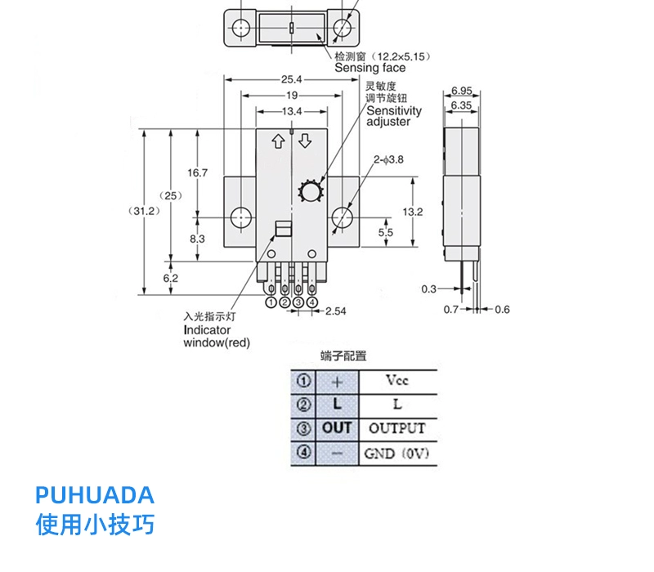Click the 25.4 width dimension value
291,79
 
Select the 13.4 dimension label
292,111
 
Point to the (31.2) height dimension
144,211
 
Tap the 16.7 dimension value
197,172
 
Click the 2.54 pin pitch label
336,311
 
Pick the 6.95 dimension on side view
462,91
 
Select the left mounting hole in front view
241,217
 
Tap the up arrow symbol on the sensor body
278,141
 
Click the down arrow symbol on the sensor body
305,141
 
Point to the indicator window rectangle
283,229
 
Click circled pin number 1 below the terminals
271,302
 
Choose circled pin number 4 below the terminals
312,302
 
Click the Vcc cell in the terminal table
397,381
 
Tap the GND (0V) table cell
397,454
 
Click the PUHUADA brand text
95,495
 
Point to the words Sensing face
370,68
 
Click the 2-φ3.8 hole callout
388,159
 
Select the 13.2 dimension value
413,212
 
